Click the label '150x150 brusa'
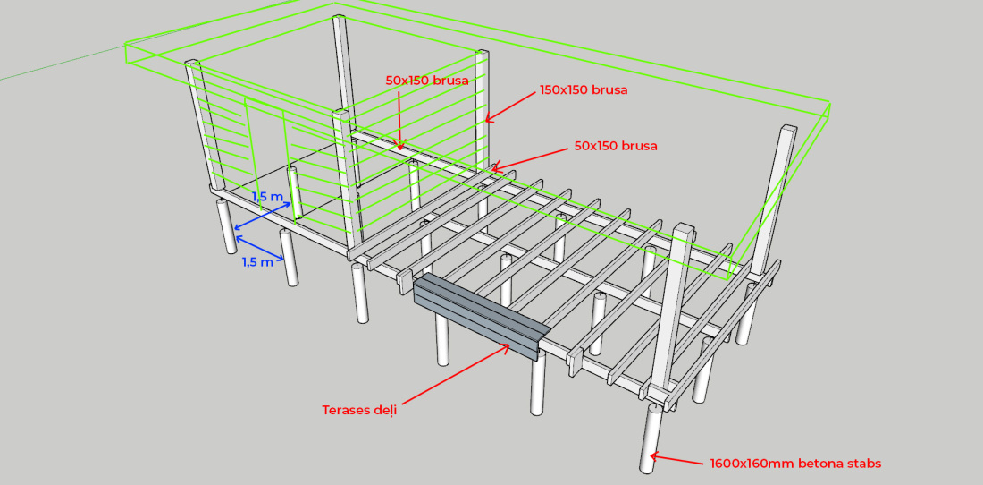583,90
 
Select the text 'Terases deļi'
358,410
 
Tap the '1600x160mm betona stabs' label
795,464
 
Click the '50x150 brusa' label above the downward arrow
426,81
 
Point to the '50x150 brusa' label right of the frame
615,146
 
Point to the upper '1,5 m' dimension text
267,197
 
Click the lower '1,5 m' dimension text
256,262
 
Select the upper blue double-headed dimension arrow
263,217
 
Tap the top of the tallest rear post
339,20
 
